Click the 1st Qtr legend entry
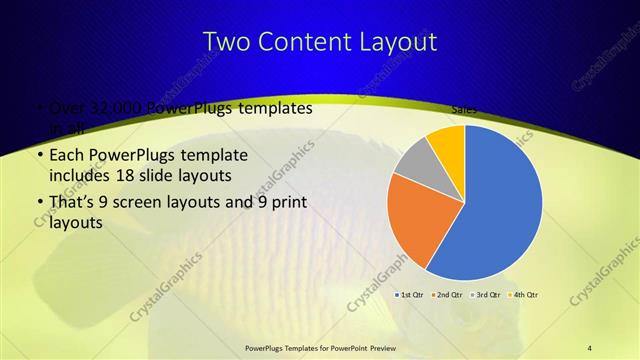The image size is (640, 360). click(411, 295)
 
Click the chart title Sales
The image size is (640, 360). click(463, 109)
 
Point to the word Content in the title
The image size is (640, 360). click(308, 42)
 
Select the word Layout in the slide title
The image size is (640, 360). click(400, 42)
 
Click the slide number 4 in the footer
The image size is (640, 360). click(590, 348)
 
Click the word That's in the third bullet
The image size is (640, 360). click(72, 203)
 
